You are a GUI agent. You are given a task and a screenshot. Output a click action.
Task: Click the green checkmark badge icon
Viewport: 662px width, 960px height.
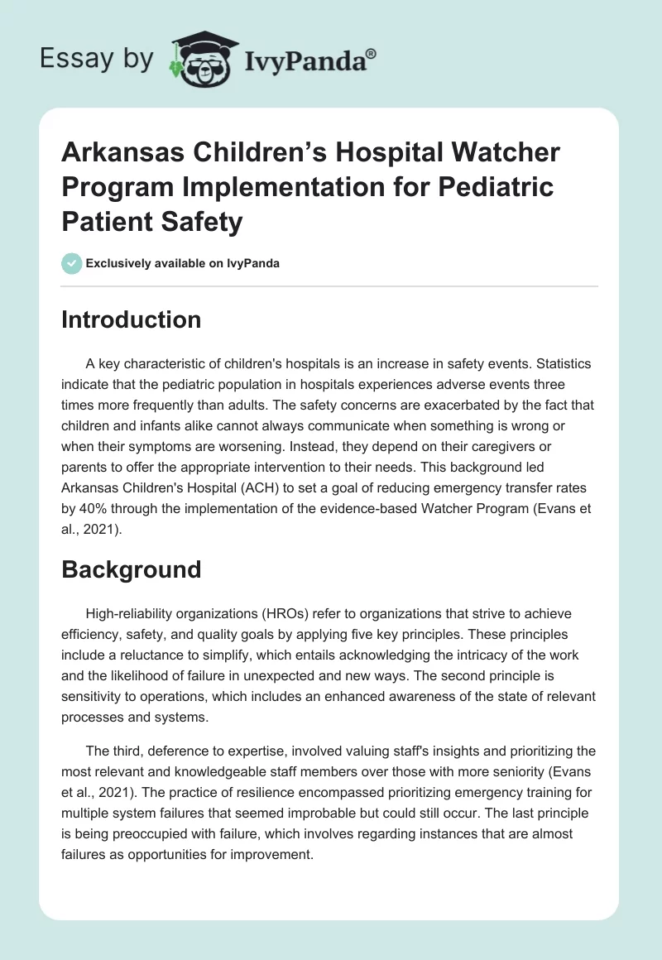tap(71, 263)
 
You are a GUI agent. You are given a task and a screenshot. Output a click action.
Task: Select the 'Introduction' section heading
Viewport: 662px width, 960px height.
tap(131, 320)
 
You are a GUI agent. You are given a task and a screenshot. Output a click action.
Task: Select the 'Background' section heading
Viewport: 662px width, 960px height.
tap(131, 569)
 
